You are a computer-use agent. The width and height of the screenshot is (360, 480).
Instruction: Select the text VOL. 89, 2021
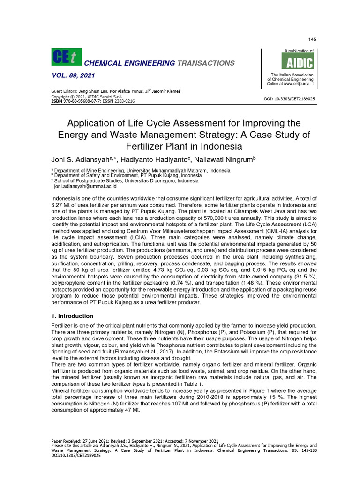(x=73, y=76)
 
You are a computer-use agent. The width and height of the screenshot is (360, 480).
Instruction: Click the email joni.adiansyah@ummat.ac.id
(x=85, y=186)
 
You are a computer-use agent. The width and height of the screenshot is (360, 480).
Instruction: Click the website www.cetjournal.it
(x=297, y=84)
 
